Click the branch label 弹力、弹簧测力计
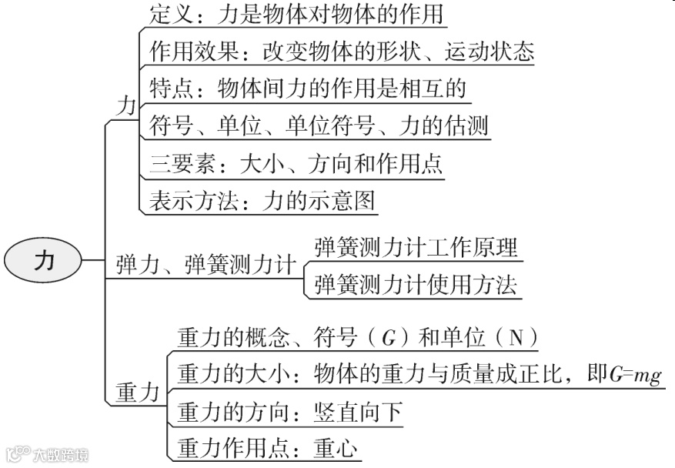206,266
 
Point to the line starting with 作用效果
339,52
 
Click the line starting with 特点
307,89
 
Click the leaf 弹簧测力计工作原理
416,247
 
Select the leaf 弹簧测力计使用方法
415,284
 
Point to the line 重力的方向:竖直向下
289,412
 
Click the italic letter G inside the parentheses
389,339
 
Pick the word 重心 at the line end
336,449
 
